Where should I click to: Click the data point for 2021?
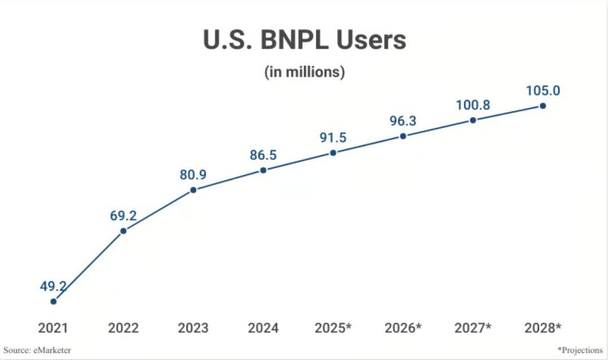pyautogui.click(x=53, y=301)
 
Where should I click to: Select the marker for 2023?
pyautogui.click(x=193, y=190)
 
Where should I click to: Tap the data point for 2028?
pyautogui.click(x=543, y=105)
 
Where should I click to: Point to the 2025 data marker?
pyautogui.click(x=333, y=152)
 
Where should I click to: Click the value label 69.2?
pyautogui.click(x=123, y=215)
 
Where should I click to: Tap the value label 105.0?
pyautogui.click(x=543, y=91)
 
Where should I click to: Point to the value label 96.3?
pyautogui.click(x=403, y=121)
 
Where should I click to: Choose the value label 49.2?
pyautogui.click(x=53, y=286)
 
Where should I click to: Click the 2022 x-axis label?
pyautogui.click(x=123, y=328)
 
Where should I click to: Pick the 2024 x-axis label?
pyautogui.click(x=263, y=328)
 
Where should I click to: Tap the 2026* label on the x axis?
pyautogui.click(x=403, y=328)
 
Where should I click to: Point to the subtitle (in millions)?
pyautogui.click(x=304, y=72)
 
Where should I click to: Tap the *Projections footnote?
pyautogui.click(x=580, y=350)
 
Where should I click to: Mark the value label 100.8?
pyautogui.click(x=473, y=105)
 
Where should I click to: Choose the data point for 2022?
pyautogui.click(x=123, y=230)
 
